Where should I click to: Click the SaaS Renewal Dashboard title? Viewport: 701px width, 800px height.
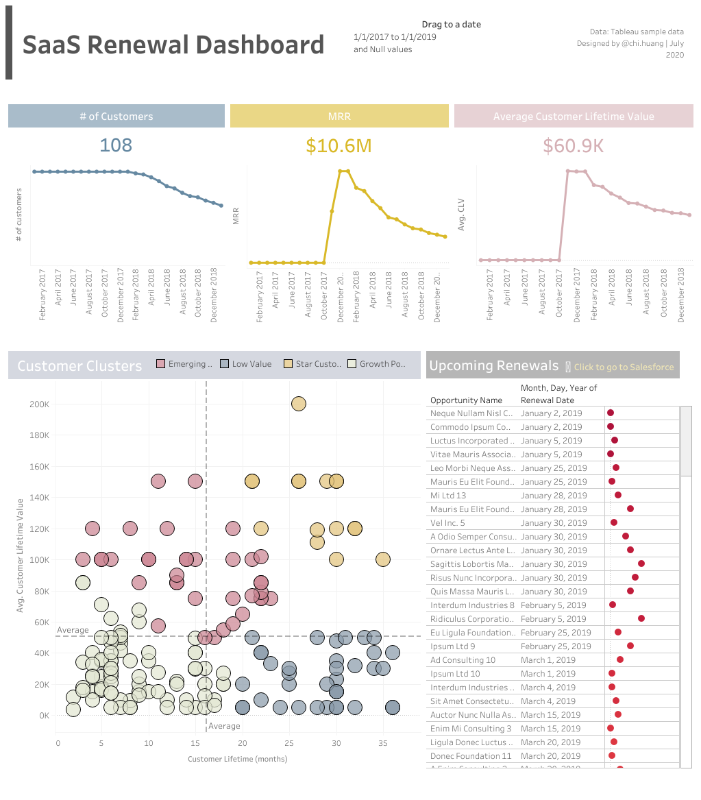[x=173, y=45]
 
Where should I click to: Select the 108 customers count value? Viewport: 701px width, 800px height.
[x=116, y=145]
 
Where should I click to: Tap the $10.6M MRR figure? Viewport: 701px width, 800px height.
[x=339, y=146]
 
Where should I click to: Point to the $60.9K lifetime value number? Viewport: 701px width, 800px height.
[x=573, y=146]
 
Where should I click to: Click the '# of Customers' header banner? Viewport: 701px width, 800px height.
[x=116, y=117]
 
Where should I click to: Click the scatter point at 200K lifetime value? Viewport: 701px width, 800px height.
[x=298, y=404]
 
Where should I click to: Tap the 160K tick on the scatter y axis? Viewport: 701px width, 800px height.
[x=38, y=467]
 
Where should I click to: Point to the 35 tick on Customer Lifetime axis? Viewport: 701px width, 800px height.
[x=382, y=742]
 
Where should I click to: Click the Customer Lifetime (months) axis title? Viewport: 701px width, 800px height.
[x=237, y=759]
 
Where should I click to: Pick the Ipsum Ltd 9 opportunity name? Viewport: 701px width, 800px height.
[x=452, y=646]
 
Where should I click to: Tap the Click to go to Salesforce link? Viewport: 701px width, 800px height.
[x=624, y=367]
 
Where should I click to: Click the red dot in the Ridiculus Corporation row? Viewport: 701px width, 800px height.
[x=641, y=618]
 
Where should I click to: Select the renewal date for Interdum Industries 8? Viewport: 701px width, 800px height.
[x=553, y=605]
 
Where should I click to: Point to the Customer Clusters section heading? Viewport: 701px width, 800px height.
[x=79, y=366]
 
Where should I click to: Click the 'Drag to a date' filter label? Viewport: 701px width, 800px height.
[x=451, y=25]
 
